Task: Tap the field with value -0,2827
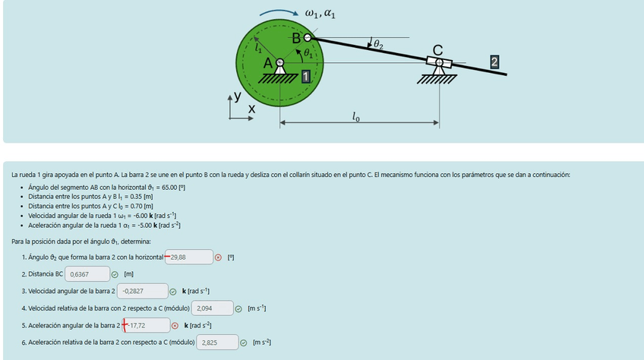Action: (142, 291)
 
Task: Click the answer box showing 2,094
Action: (212, 308)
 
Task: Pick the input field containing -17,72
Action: (147, 325)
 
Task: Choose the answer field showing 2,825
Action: (218, 343)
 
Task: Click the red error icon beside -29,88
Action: (219, 257)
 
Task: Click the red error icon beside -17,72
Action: (176, 325)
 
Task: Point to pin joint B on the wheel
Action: (308, 36)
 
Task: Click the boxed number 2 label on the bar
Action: (495, 62)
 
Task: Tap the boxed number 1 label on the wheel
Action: (305, 76)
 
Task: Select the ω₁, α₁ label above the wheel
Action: (320, 13)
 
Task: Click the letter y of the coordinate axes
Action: (238, 96)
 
